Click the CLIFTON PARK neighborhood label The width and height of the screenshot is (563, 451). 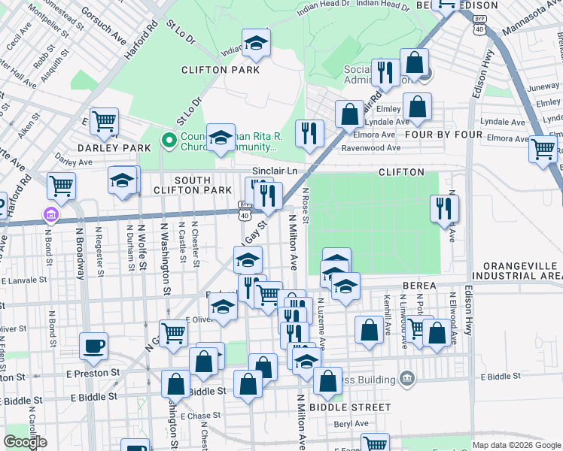click(x=221, y=70)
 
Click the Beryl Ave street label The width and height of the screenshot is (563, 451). click(x=351, y=423)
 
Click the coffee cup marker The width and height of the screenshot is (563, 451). click(x=94, y=346)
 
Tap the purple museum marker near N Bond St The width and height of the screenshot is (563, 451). click(x=51, y=216)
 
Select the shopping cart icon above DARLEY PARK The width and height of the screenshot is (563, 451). click(x=104, y=120)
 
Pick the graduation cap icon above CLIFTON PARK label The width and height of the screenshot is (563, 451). click(x=256, y=44)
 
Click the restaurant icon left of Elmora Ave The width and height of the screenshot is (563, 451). click(x=309, y=133)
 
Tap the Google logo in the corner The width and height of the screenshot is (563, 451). click(x=25, y=442)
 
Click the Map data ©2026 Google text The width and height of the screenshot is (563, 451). click(x=516, y=445)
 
